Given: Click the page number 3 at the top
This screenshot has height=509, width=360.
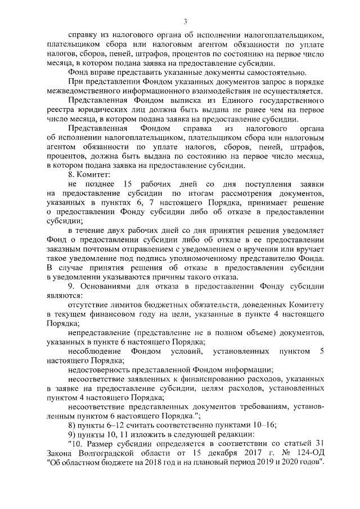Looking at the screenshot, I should pyautogui.click(x=184, y=21).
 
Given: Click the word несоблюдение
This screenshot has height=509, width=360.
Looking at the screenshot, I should pyautogui.click(x=94, y=351).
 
